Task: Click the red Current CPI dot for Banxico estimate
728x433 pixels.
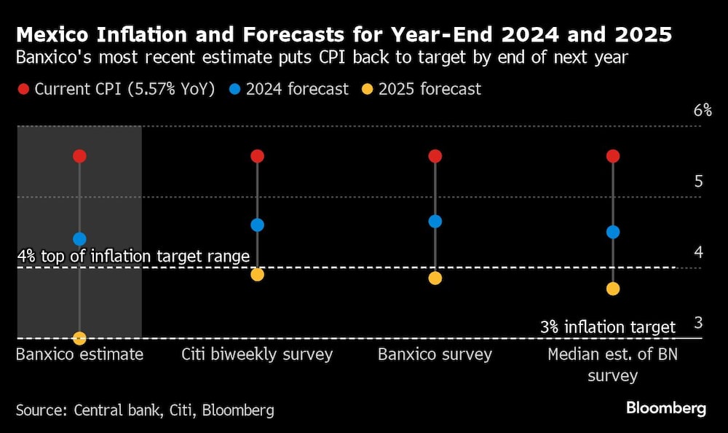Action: pos(79,156)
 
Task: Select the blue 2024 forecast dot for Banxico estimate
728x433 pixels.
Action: pos(79,238)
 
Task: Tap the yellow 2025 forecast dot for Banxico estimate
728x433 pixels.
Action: pos(79,338)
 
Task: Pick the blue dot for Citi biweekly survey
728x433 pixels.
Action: pos(257,225)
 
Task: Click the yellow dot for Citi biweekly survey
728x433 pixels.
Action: pos(257,274)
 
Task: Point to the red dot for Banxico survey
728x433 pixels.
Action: pos(435,156)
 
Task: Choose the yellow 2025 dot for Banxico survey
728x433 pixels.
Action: pos(435,278)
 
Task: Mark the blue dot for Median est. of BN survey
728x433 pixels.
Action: pos(612,232)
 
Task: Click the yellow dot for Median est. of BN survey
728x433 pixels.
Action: pos(612,289)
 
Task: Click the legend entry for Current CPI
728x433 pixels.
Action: pos(116,89)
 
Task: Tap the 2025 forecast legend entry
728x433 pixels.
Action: pos(422,89)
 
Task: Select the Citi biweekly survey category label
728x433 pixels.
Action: pos(256,355)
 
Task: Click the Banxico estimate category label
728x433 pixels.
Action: pos(79,355)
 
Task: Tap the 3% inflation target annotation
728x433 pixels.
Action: pos(608,327)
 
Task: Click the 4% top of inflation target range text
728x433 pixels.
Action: pos(133,257)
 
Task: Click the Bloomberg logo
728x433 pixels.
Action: pos(665,408)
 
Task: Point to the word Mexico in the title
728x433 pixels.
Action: pos(53,34)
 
